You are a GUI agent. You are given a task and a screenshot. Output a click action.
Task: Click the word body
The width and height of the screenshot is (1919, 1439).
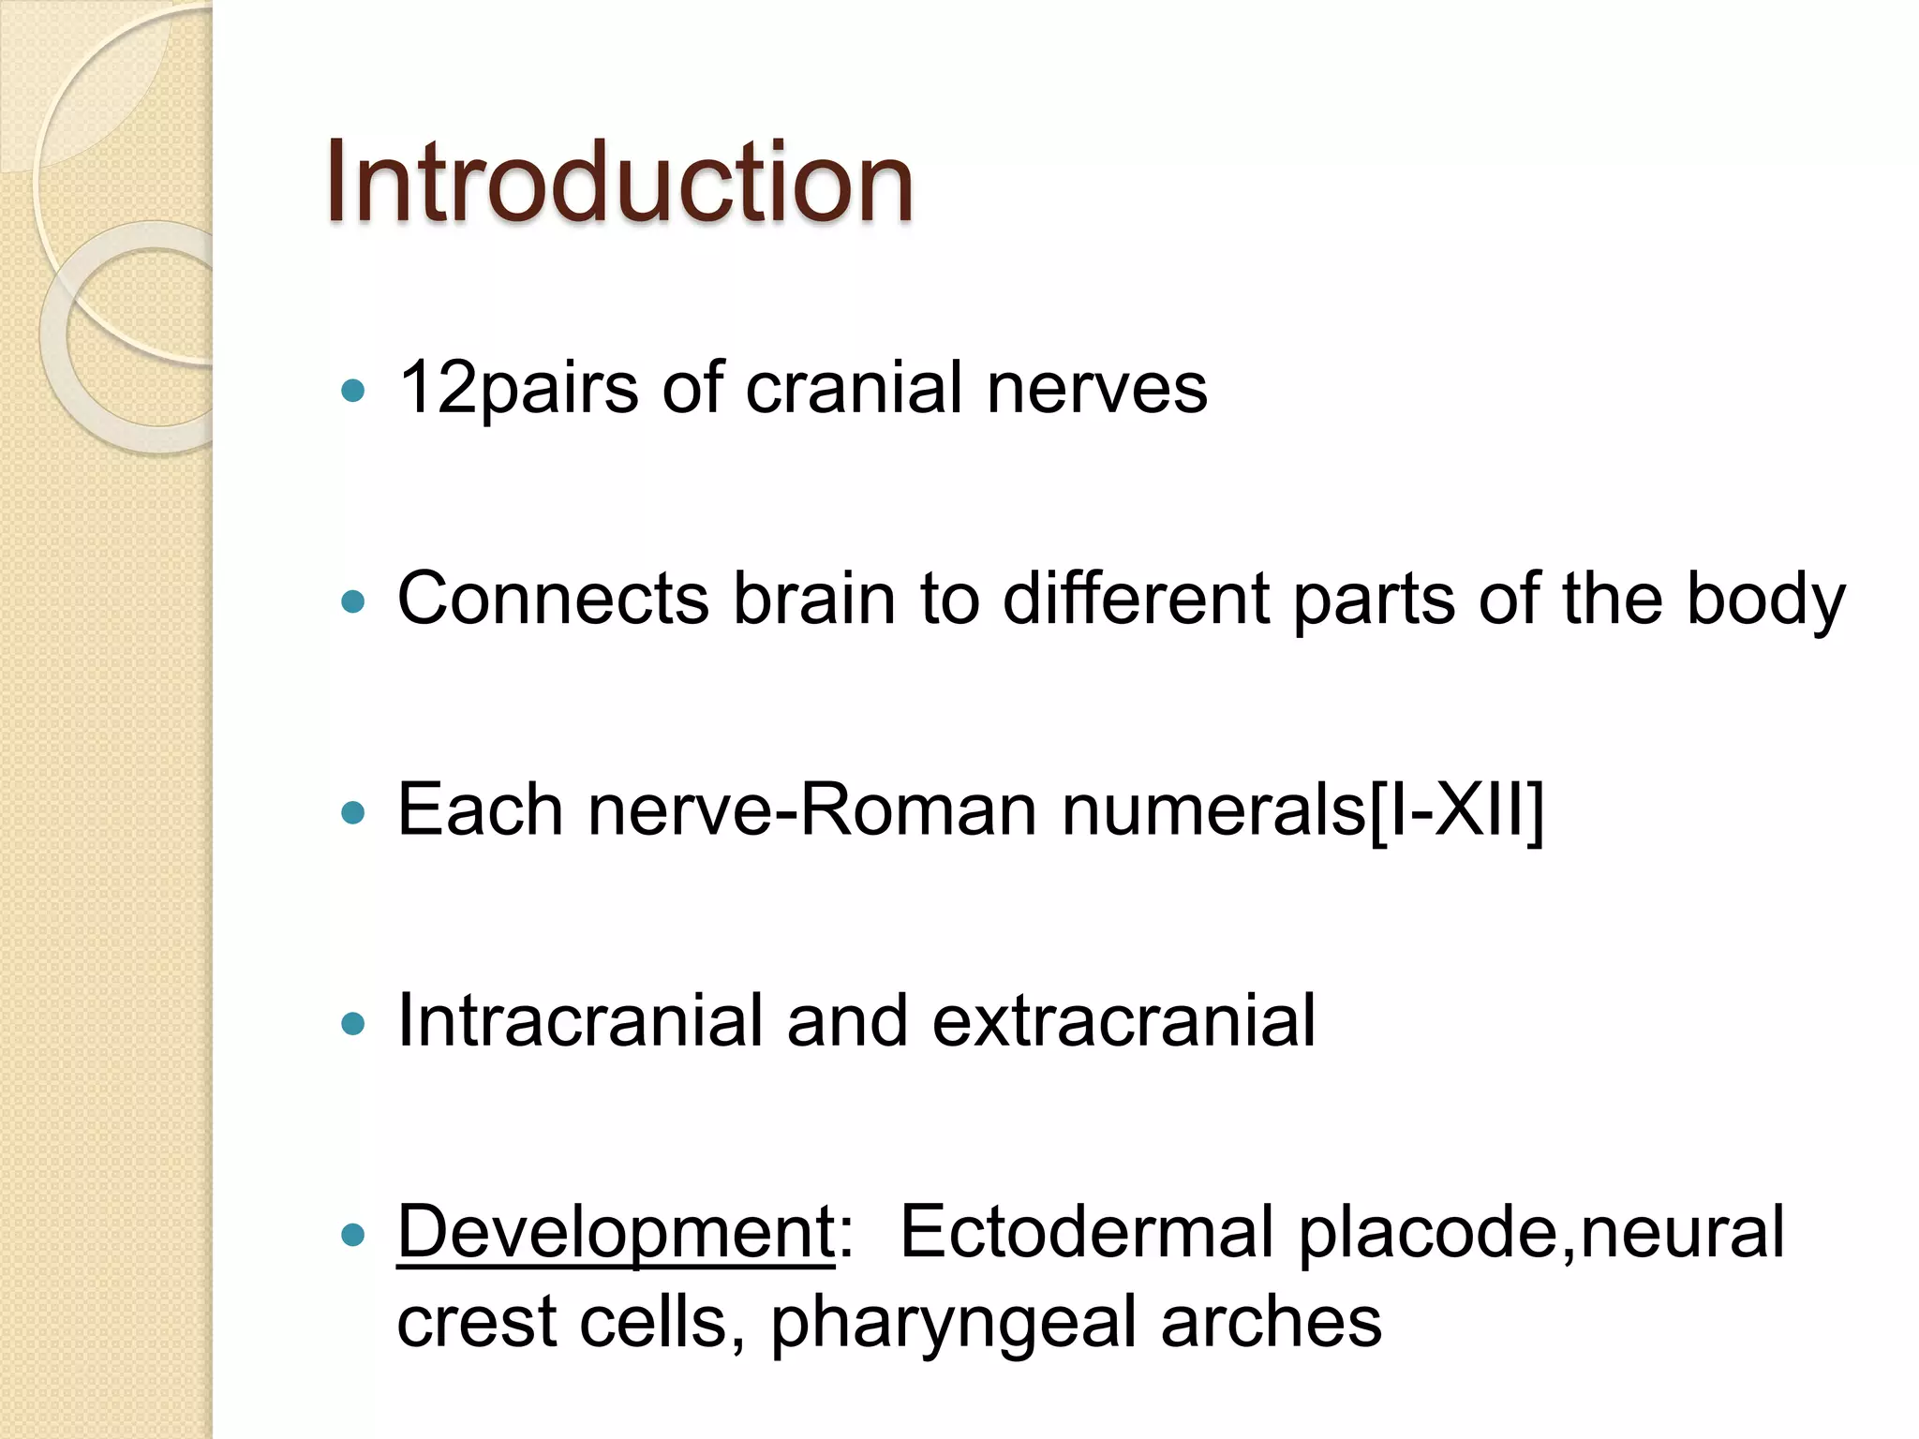1765,600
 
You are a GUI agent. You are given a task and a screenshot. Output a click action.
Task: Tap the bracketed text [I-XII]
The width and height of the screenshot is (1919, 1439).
1456,809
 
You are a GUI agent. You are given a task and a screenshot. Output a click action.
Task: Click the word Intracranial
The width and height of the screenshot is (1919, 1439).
580,1020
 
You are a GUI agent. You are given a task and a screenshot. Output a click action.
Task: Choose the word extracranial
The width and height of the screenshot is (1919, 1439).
1123,1020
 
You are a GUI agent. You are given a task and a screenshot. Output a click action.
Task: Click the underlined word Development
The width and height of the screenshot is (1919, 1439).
616,1233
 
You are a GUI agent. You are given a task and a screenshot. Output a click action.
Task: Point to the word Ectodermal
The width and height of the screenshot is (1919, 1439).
1086,1231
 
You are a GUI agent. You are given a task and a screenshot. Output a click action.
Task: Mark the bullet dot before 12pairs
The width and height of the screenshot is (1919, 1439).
353,391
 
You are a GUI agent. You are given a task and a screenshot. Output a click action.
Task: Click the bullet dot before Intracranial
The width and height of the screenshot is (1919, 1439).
353,1024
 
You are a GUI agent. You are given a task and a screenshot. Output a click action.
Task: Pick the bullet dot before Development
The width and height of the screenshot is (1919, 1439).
353,1236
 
